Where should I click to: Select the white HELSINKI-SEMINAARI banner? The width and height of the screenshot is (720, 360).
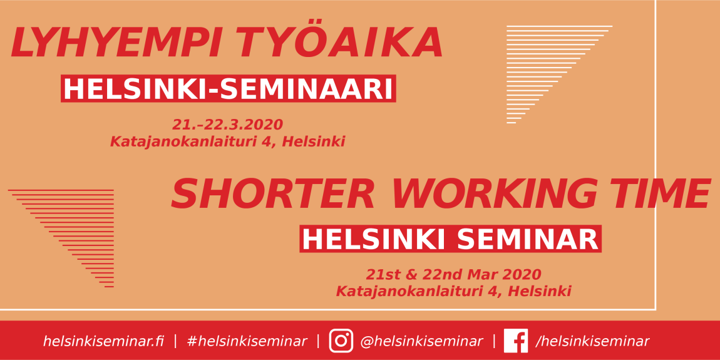pyautogui.click(x=229, y=89)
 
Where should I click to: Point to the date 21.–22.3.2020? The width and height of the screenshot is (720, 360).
pyautogui.click(x=227, y=125)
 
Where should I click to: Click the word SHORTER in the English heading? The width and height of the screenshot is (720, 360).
pyautogui.click(x=273, y=194)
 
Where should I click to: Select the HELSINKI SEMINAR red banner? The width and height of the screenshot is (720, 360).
pyautogui.click(x=450, y=239)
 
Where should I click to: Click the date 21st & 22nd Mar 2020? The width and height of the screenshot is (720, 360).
pyautogui.click(x=453, y=275)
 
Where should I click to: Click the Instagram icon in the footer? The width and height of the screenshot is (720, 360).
pyautogui.click(x=341, y=341)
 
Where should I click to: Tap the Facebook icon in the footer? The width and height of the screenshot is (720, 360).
pyautogui.click(x=516, y=341)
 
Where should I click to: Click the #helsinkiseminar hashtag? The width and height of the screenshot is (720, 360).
pyautogui.click(x=247, y=341)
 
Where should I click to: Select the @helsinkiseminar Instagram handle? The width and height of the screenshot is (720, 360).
pyautogui.click(x=421, y=341)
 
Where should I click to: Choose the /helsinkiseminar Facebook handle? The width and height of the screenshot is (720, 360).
pyautogui.click(x=592, y=341)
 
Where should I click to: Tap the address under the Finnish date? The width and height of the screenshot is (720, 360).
pyautogui.click(x=227, y=141)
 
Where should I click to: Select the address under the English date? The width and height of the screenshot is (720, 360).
pyautogui.click(x=454, y=291)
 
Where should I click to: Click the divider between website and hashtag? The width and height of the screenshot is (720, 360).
pyautogui.click(x=175, y=341)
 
